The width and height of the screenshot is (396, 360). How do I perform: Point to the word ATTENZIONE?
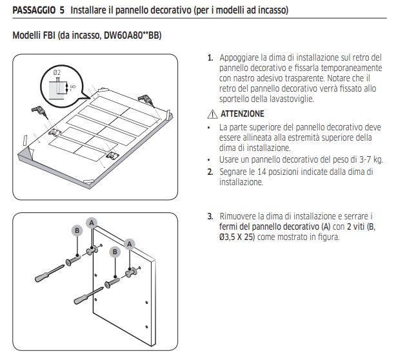[x=243, y=114]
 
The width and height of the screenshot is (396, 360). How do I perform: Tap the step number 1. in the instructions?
[x=210, y=57]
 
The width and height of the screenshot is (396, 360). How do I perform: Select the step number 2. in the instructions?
[x=210, y=172]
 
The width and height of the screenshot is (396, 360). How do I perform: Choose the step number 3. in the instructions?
[x=210, y=216]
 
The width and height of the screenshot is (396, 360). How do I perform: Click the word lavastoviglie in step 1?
[x=290, y=99]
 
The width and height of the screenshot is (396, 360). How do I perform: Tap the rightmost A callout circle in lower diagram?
[x=130, y=244]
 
